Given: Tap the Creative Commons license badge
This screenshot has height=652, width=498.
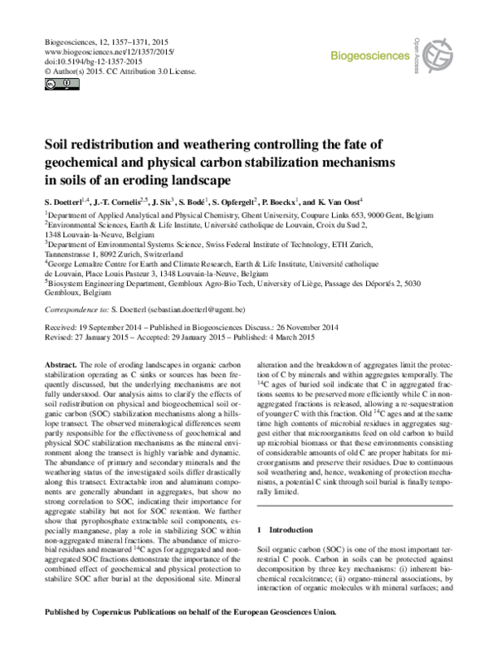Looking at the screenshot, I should (51, 84).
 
